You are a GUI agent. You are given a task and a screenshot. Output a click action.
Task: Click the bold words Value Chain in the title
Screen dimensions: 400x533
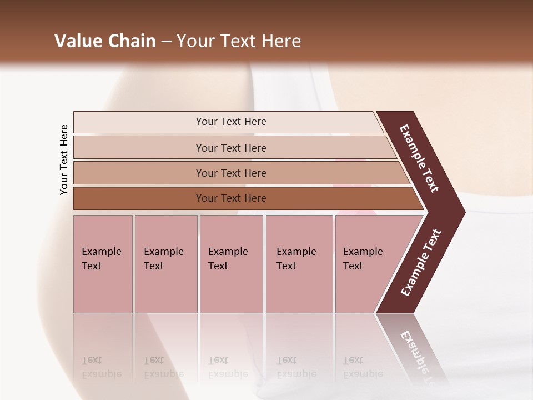pyautogui.click(x=105, y=41)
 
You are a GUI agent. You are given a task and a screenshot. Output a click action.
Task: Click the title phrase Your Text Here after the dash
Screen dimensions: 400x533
pyautogui.click(x=239, y=41)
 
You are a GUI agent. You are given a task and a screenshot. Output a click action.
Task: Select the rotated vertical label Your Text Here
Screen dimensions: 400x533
pyautogui.click(x=64, y=159)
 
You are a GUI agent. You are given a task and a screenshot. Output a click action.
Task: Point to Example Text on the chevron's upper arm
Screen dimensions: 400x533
pyautogui.click(x=419, y=159)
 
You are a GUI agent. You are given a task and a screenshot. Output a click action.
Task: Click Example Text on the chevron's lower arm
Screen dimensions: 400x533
pyautogui.click(x=421, y=263)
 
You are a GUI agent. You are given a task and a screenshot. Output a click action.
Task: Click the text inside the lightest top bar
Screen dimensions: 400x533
pyautogui.click(x=231, y=122)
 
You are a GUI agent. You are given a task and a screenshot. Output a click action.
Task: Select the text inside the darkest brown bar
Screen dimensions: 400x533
pyautogui.click(x=231, y=198)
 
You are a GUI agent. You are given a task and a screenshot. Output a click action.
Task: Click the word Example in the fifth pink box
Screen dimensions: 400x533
pyautogui.click(x=363, y=252)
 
